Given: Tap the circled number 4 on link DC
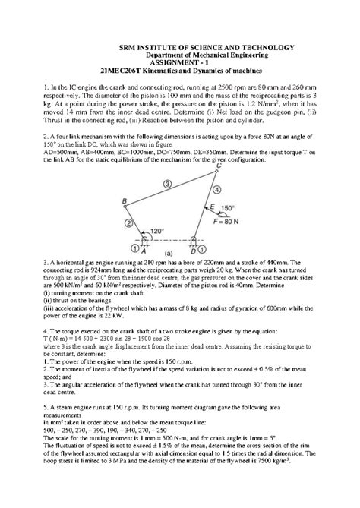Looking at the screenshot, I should point(216,190).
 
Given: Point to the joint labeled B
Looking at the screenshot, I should point(125,201).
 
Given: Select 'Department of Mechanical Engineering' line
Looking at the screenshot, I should point(179,55).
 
